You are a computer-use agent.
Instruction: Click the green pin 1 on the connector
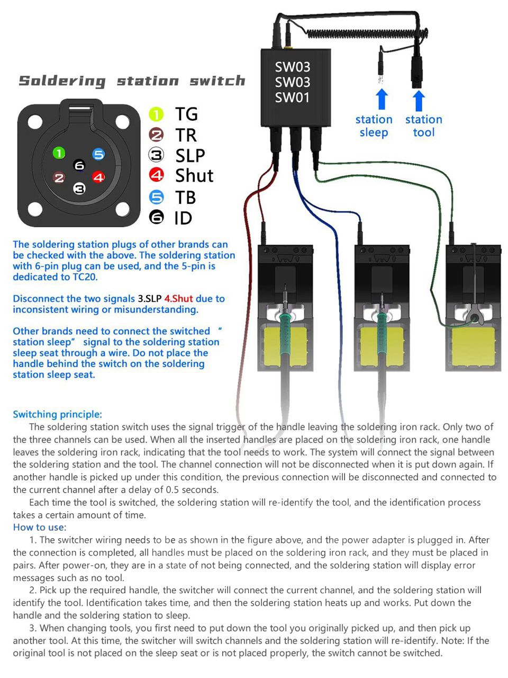59,154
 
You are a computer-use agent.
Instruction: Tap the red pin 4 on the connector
98,177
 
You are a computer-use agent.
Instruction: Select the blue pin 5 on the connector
98,154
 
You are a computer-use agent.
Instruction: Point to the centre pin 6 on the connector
79,165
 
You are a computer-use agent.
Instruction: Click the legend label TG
186,114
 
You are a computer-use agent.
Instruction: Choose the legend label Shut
194,175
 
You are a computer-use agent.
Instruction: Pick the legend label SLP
190,155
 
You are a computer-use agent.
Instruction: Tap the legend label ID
183,218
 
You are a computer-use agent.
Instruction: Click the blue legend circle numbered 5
157,197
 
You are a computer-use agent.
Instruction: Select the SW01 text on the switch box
292,97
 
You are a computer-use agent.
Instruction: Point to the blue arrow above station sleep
381,99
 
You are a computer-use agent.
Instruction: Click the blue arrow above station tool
419,100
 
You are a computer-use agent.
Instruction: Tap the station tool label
423,126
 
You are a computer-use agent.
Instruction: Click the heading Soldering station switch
132,81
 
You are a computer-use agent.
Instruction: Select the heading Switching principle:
57,414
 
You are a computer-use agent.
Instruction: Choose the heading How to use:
40,527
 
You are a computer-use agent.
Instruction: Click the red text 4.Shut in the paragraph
178,298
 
